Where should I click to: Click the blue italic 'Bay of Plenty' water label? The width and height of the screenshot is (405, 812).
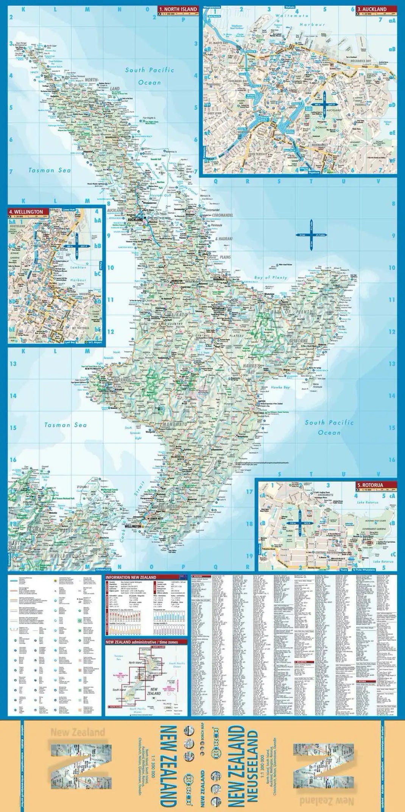pos(271,277)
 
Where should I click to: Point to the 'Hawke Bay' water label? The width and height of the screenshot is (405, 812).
pos(280,387)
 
